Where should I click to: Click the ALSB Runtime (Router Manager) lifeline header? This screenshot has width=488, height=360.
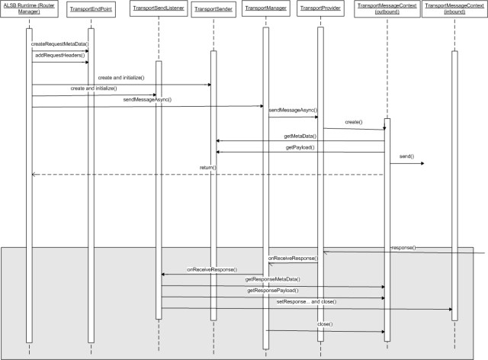(28, 8)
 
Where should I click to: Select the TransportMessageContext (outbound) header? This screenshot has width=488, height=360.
(387, 8)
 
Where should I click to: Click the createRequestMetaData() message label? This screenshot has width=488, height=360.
(59, 44)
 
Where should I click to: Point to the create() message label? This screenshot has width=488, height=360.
(353, 122)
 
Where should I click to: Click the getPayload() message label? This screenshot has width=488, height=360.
(300, 146)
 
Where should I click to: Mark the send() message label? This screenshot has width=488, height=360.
(406, 156)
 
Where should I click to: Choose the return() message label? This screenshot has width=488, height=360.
(208, 167)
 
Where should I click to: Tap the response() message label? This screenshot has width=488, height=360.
(403, 248)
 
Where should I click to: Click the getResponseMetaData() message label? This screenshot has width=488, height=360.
(272, 280)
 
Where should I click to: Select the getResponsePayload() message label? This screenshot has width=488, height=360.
(272, 291)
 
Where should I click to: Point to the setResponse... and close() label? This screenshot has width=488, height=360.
(306, 302)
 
